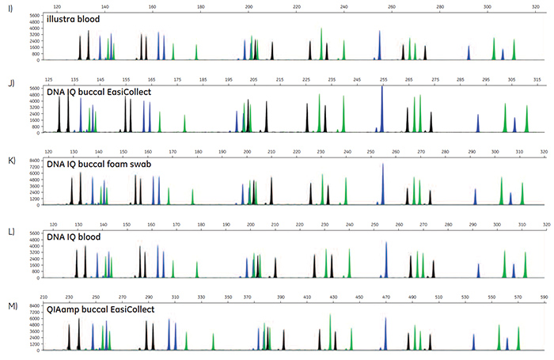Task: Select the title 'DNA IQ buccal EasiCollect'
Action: pyautogui.click(x=98, y=91)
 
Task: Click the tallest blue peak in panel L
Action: pyautogui.click(x=385, y=244)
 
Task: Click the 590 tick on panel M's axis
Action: pyautogui.click(x=544, y=297)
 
